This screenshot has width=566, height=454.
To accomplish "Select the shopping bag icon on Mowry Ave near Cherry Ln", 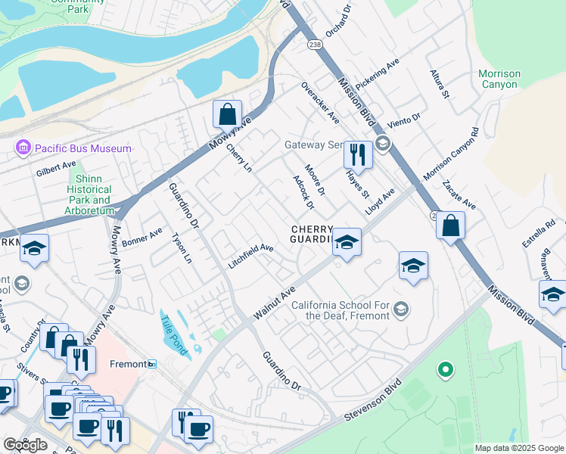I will pos(227,115).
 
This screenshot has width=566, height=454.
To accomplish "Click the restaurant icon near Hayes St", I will pos(357,154).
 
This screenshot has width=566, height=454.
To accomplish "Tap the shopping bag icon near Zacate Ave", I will pos(450,225).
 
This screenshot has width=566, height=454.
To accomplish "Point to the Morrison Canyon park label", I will pos(499,79).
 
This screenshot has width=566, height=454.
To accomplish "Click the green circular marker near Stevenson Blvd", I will pos(446,370).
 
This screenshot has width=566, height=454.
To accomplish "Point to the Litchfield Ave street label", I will pos(250,257).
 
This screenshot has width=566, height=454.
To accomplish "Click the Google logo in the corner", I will pos(25,445).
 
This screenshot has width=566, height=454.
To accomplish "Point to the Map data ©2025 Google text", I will pos(519,448).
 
